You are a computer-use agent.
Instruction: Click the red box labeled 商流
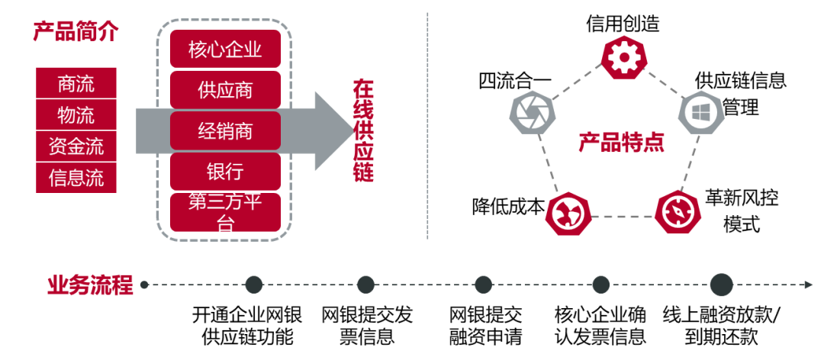click(x=76, y=83)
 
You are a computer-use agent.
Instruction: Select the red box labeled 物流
click(x=76, y=114)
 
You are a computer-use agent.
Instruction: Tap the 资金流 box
click(x=76, y=146)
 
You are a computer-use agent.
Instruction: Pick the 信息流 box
click(x=76, y=178)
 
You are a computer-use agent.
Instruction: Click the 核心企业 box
click(x=225, y=50)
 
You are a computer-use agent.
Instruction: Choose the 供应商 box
click(x=225, y=90)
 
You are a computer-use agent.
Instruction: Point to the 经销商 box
click(x=225, y=131)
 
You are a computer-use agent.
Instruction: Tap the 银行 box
click(x=225, y=171)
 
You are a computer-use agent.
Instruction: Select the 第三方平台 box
click(x=225, y=212)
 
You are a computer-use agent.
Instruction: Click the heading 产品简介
click(x=76, y=32)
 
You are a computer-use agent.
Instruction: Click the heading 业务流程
click(x=90, y=285)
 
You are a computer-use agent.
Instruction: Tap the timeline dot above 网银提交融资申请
click(x=484, y=285)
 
